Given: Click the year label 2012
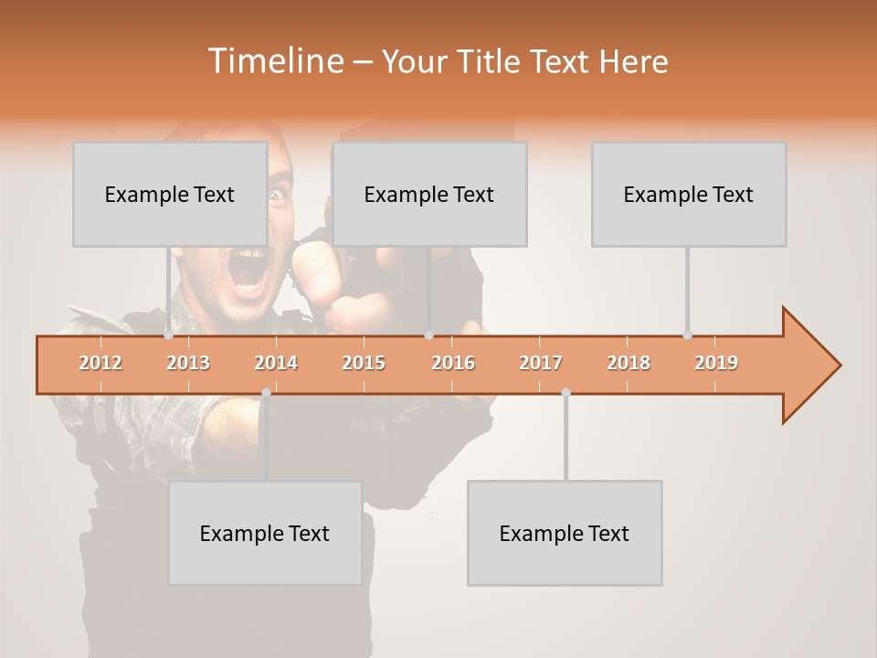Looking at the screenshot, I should pyautogui.click(x=100, y=363).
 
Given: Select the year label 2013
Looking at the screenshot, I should pyautogui.click(x=188, y=363).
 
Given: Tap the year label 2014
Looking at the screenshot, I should pyautogui.click(x=276, y=363).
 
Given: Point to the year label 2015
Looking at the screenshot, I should pyautogui.click(x=364, y=363).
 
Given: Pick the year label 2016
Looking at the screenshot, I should pyautogui.click(x=453, y=363).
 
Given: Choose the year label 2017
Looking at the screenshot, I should pyautogui.click(x=541, y=363).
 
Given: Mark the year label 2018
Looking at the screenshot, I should pyautogui.click(x=629, y=363).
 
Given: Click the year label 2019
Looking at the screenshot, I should pyautogui.click(x=716, y=363).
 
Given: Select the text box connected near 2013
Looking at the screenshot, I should pyautogui.click(x=170, y=194).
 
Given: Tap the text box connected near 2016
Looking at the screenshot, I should pyautogui.click(x=428, y=194).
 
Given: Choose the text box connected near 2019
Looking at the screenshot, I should pyautogui.click(x=688, y=194).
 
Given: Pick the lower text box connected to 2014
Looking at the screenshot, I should pyautogui.click(x=265, y=533).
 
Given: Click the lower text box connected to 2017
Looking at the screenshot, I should pyautogui.click(x=565, y=533).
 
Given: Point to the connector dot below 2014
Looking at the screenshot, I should pyautogui.click(x=266, y=392).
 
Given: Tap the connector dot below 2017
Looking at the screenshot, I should pyautogui.click(x=565, y=392).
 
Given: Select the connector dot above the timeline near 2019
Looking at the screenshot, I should pyautogui.click(x=687, y=335).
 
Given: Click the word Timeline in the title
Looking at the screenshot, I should pyautogui.click(x=274, y=61).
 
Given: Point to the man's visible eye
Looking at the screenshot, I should pyautogui.click(x=276, y=195).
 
